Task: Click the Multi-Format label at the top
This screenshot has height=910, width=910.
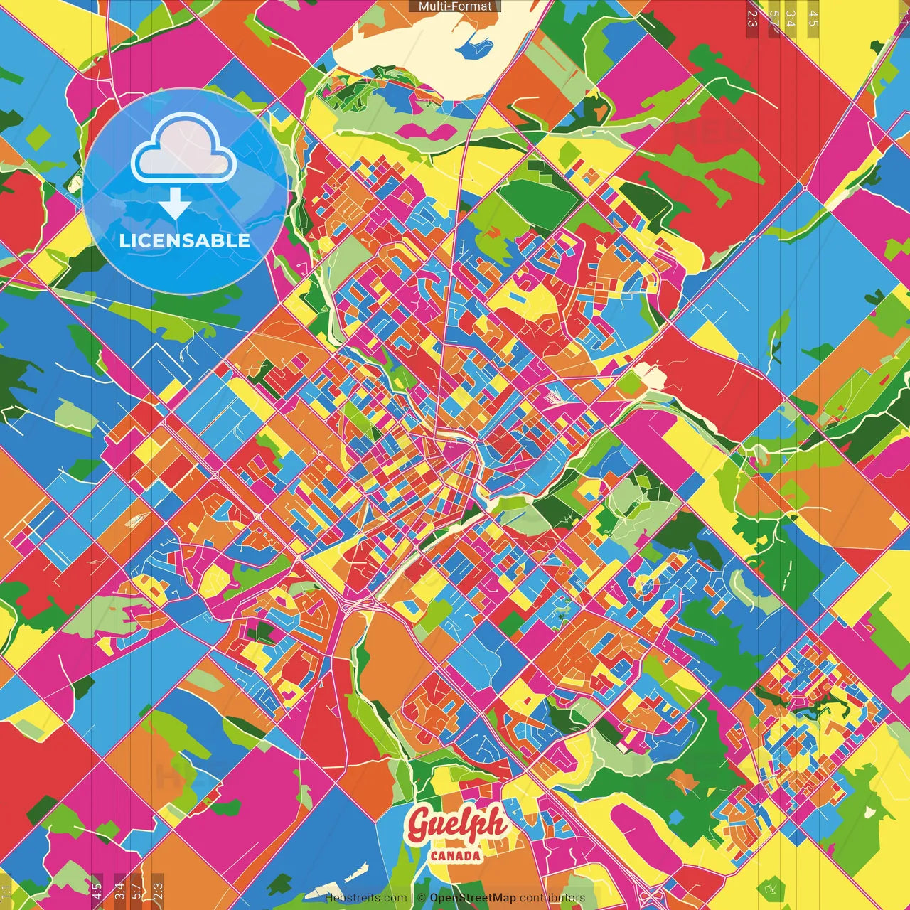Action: pos(455,6)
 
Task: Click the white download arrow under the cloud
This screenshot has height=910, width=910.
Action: pos(174,205)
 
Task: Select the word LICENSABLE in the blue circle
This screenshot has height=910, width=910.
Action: pos(184,240)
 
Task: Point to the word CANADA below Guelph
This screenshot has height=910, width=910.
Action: pos(455,855)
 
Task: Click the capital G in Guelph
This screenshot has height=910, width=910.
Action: pos(421,825)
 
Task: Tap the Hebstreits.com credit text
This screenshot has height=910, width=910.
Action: pos(365,898)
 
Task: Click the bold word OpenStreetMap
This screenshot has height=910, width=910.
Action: pos(473,898)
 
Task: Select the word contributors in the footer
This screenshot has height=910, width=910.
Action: pos(552,898)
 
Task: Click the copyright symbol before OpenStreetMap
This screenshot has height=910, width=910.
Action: pos(422,898)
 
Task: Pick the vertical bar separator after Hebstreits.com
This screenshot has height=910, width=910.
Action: pos(412,898)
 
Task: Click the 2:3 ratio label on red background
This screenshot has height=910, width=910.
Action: pos(752,18)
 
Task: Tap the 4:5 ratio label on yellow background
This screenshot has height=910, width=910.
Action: pos(813,18)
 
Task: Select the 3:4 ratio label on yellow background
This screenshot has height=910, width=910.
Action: pos(791,18)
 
